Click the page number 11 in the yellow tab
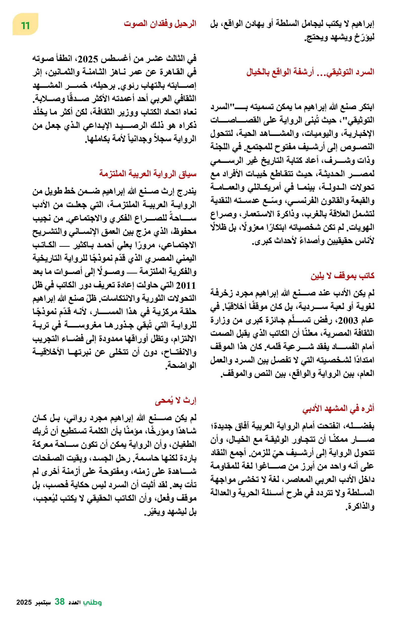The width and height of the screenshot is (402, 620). tap(25, 26)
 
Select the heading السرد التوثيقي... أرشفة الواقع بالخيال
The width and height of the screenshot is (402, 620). tap(310, 72)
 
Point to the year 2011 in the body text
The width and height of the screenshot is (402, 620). tap(186, 286)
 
